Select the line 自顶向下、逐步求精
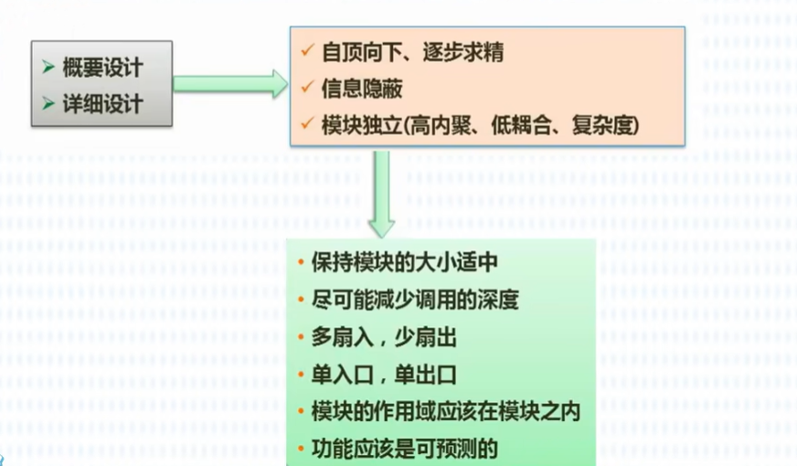tap(412, 52)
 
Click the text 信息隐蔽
tap(362, 89)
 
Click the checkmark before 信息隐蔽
tap(307, 89)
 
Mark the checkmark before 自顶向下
tap(307, 52)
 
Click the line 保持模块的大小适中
tap(404, 263)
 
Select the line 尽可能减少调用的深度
tap(415, 301)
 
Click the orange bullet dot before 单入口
tap(301, 376)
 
